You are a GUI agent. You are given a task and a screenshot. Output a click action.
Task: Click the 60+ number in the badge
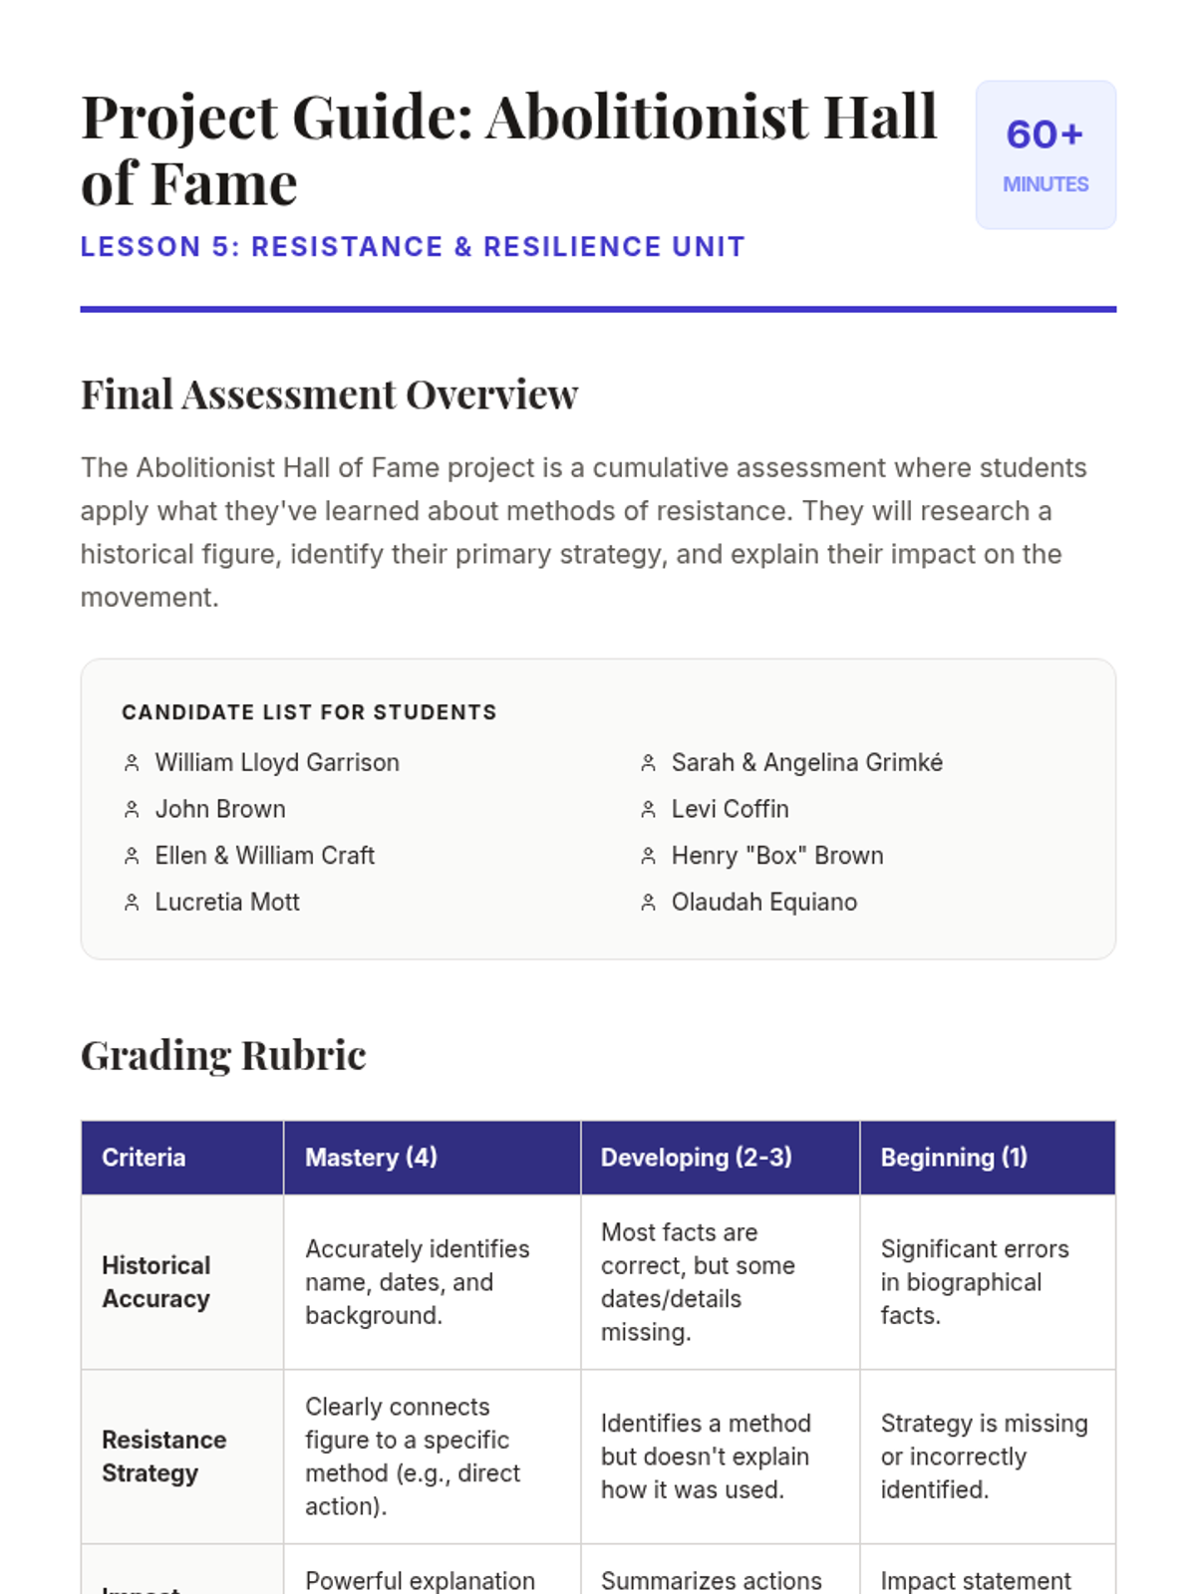click(1045, 134)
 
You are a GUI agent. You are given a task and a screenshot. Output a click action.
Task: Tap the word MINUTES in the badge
click(1046, 184)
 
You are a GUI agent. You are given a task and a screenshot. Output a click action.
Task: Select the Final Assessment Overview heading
click(329, 395)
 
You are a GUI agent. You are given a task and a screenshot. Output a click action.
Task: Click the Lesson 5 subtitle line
click(413, 247)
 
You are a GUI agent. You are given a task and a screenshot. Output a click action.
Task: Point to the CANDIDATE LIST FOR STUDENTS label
click(309, 712)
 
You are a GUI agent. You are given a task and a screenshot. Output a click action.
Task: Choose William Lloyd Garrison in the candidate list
click(277, 763)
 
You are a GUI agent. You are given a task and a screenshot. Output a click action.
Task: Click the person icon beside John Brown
click(132, 810)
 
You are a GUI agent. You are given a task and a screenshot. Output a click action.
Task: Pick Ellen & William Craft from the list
click(265, 856)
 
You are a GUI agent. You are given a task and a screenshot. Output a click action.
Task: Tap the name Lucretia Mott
click(227, 903)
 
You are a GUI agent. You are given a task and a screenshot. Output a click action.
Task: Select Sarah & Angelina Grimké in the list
click(807, 763)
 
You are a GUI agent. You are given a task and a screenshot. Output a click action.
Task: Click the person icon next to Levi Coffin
click(648, 810)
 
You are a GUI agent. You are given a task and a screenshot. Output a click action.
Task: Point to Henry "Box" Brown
click(777, 856)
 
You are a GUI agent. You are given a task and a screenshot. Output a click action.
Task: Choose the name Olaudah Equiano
click(764, 903)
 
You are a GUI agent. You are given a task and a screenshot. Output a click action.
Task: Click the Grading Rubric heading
click(223, 1055)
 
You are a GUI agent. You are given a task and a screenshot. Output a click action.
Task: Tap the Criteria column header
click(144, 1158)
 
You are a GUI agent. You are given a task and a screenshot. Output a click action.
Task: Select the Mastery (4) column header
click(371, 1158)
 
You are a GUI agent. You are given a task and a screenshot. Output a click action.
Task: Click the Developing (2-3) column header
click(697, 1158)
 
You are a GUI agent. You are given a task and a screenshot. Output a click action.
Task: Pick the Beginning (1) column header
click(954, 1158)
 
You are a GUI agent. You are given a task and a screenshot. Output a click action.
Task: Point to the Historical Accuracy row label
click(156, 1282)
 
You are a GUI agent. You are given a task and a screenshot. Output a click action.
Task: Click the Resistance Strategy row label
click(164, 1457)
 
